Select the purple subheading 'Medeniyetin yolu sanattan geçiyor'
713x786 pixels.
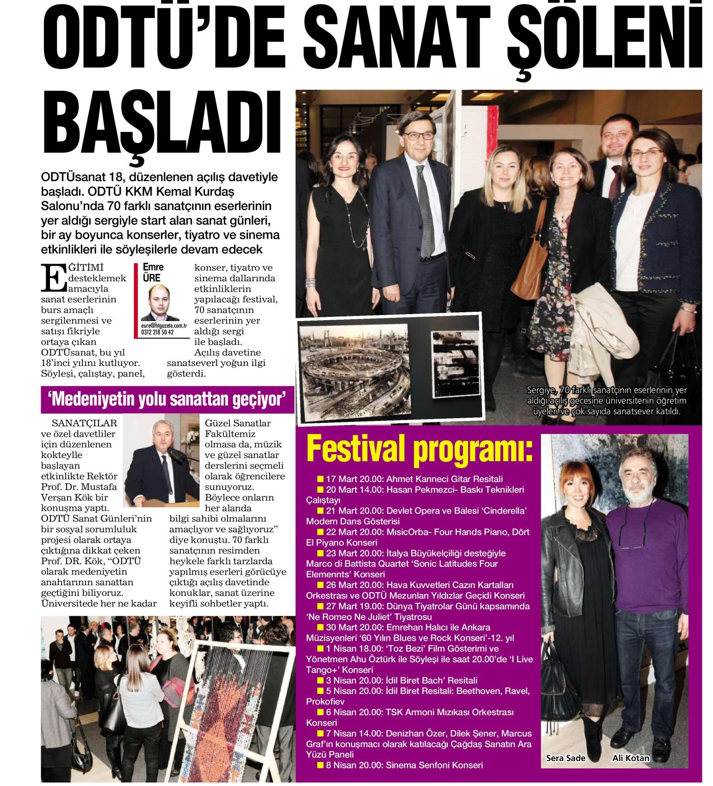168,399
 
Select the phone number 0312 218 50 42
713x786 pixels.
157,332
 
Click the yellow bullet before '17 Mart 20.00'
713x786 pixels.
320,479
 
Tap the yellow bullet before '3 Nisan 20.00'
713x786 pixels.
320,681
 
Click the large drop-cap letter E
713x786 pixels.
52,278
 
